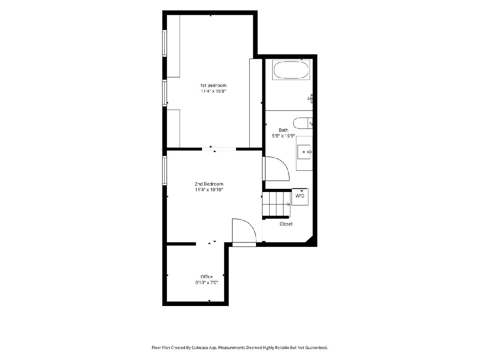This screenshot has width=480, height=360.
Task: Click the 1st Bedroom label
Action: click(213, 85)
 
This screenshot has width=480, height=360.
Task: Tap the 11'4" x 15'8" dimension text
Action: click(213, 91)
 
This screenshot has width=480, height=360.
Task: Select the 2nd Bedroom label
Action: click(209, 184)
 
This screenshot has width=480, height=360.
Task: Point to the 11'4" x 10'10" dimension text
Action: click(209, 190)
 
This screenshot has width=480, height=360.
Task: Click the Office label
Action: click(207, 277)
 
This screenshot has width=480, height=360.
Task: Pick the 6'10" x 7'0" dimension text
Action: click(207, 282)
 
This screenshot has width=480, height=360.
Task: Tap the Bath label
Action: click(284, 130)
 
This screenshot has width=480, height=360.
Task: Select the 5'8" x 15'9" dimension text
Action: click(284, 136)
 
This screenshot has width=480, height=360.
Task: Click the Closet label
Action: click(286, 224)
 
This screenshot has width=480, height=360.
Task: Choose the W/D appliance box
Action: click(300, 197)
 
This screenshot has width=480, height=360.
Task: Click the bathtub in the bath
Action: click(291, 70)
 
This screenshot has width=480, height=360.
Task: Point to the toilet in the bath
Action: click(303, 123)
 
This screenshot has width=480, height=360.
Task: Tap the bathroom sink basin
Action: click(304, 152)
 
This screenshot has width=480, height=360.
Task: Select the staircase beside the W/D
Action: click(276, 204)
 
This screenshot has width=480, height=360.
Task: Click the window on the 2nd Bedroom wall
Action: click(164, 170)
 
